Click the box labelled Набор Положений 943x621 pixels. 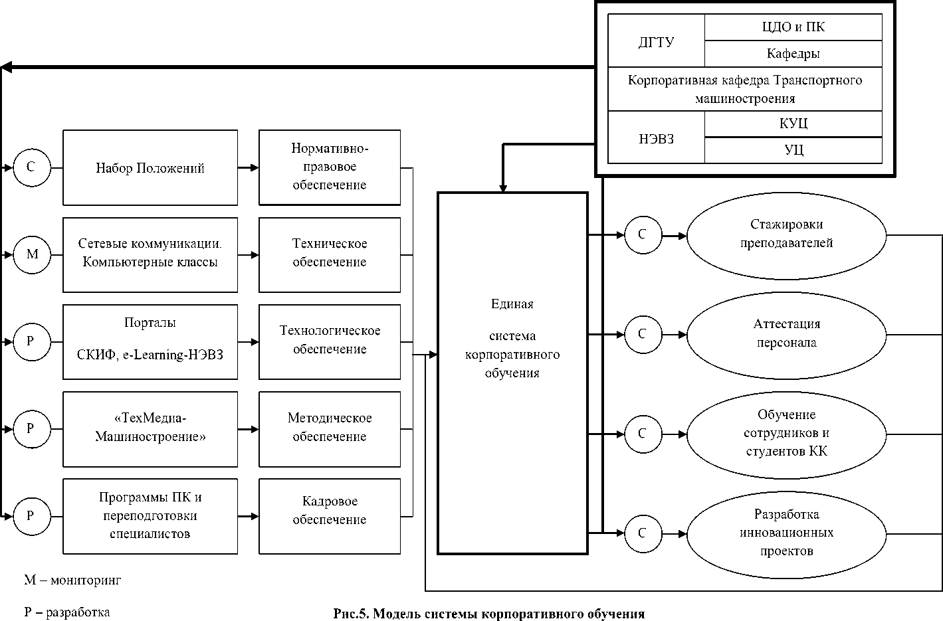point(150,168)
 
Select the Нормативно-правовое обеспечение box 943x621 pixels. point(330,167)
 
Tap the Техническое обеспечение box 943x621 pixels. point(330,254)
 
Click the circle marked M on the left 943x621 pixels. point(31,254)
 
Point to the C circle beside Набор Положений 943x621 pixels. point(31,167)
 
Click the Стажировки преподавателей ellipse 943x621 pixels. point(786,234)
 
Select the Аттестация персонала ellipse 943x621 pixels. point(786,333)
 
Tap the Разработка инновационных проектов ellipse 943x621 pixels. point(786,533)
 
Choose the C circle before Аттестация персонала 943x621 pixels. point(642,333)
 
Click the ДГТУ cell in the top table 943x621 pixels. point(656,42)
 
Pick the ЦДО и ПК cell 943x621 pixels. point(793,28)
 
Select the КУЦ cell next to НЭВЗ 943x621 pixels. point(793,124)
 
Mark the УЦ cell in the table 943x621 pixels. point(793,150)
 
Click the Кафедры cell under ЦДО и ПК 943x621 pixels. point(793,54)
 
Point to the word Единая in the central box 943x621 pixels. point(512,304)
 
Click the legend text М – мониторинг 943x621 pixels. point(73,580)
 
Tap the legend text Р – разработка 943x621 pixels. point(67,612)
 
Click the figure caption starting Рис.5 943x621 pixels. point(489,614)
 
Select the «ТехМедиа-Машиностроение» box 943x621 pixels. point(150,428)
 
